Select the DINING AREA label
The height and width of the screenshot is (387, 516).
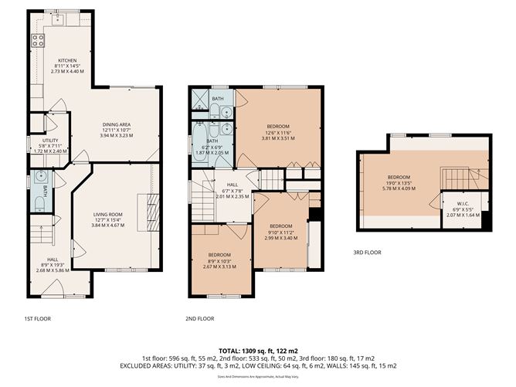[x=117, y=124]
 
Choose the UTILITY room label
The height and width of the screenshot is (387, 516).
[x=50, y=141]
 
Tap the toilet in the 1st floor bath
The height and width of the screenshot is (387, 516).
[x=39, y=204]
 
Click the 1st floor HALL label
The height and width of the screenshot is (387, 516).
[x=53, y=260]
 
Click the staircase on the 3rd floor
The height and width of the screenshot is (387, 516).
[x=456, y=176]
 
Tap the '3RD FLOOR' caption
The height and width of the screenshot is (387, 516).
[x=368, y=252]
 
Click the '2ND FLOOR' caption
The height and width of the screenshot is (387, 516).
[x=199, y=318]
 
